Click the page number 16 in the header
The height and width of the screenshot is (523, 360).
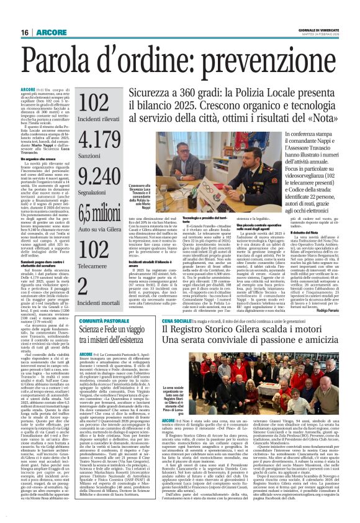[x=24, y=32]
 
